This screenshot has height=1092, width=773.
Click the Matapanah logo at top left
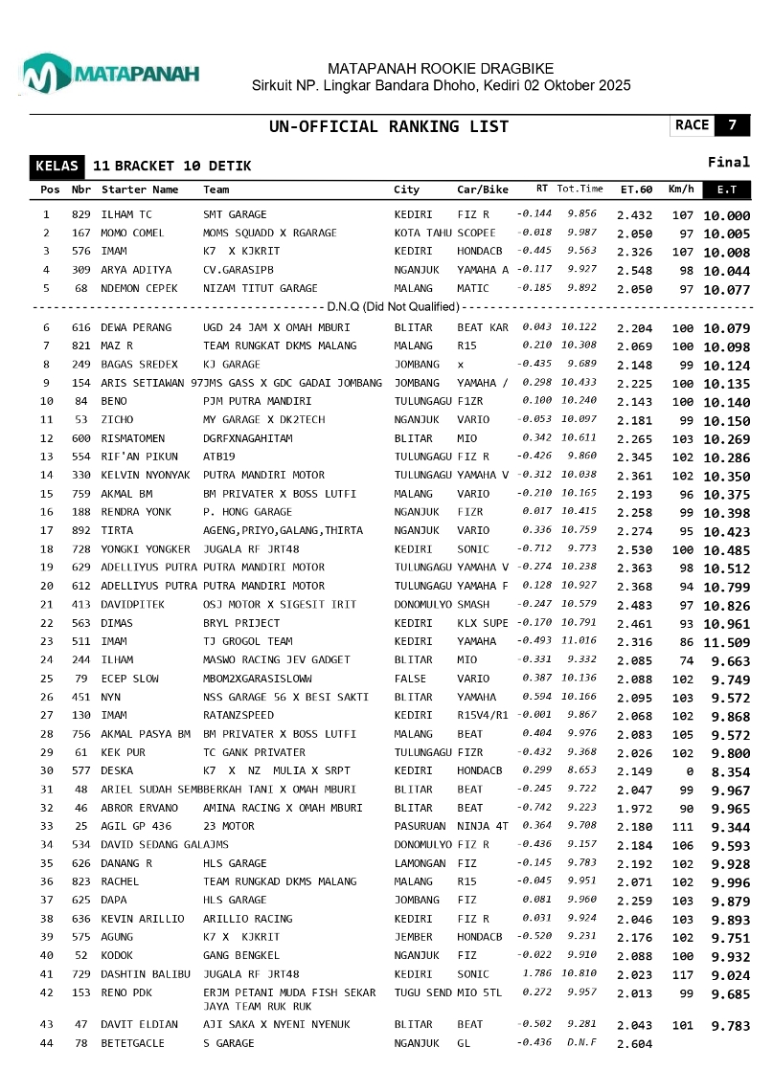(109, 73)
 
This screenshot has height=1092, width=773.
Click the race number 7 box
(733, 125)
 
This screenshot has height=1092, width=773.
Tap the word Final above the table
(728, 162)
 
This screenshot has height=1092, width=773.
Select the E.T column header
(727, 189)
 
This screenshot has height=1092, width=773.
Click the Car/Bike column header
(482, 189)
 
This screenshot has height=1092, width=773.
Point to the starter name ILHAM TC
(126, 214)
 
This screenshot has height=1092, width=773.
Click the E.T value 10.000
(726, 216)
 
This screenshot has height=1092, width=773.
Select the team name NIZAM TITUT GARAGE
(260, 288)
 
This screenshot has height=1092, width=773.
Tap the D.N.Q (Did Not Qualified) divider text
(393, 306)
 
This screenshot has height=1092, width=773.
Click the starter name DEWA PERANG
(136, 327)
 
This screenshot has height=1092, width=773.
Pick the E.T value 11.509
(726, 642)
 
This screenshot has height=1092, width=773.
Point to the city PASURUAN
(421, 825)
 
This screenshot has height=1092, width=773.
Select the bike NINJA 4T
(483, 825)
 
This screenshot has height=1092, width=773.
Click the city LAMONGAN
(421, 863)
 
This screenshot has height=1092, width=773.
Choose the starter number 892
(80, 530)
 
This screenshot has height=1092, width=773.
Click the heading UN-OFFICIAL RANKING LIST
(389, 126)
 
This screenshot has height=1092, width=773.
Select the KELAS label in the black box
(57, 166)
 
